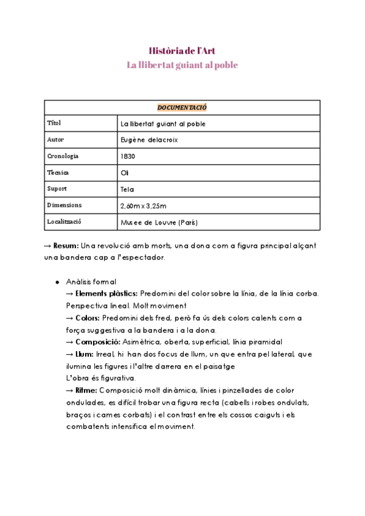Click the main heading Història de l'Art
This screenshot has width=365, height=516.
pos(182,51)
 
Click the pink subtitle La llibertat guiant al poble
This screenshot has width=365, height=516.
pos(182,65)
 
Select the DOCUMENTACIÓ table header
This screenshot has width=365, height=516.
pos(182,107)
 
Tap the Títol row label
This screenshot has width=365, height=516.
pos(54,124)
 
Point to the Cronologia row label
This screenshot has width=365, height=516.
pos(63,156)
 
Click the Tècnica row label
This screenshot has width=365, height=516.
pos(58,173)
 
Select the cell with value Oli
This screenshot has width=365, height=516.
pos(125,173)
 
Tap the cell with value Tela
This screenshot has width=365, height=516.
pos(127,189)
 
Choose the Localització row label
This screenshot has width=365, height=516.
pos(64,222)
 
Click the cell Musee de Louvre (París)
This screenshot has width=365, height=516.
pos(159,222)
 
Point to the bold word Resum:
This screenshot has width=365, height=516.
pos(66,246)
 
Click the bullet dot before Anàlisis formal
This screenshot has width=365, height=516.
pos(57,282)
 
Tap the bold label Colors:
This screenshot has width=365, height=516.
pos(88,318)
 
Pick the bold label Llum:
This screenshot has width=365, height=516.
pos(85,354)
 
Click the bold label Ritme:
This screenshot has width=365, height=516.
pos(86,390)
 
